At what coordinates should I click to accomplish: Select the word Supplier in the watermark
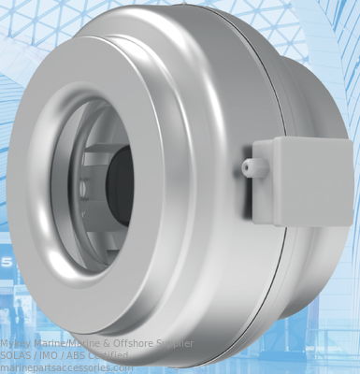(x=175, y=343)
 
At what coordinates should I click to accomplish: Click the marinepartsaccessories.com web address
(x=66, y=367)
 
